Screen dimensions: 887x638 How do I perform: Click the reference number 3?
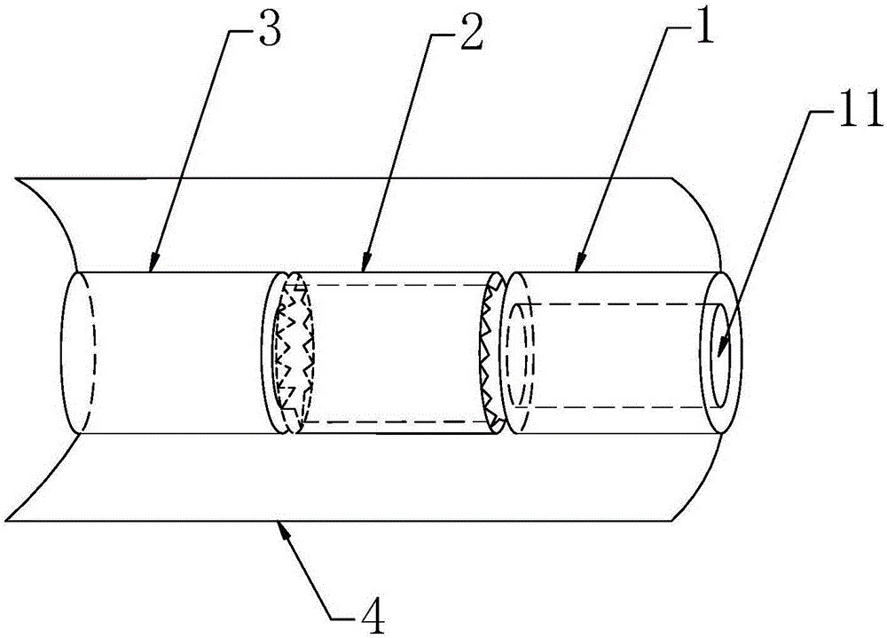point(270,33)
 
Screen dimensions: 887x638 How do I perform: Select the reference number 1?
point(703,29)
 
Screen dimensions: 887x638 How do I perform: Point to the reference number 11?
point(860,111)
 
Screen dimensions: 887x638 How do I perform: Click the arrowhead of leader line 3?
point(153,263)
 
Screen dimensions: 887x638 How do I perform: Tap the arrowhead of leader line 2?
point(365,263)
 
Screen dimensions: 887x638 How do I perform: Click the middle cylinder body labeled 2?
point(396,352)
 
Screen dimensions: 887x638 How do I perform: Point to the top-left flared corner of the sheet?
point(17,179)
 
